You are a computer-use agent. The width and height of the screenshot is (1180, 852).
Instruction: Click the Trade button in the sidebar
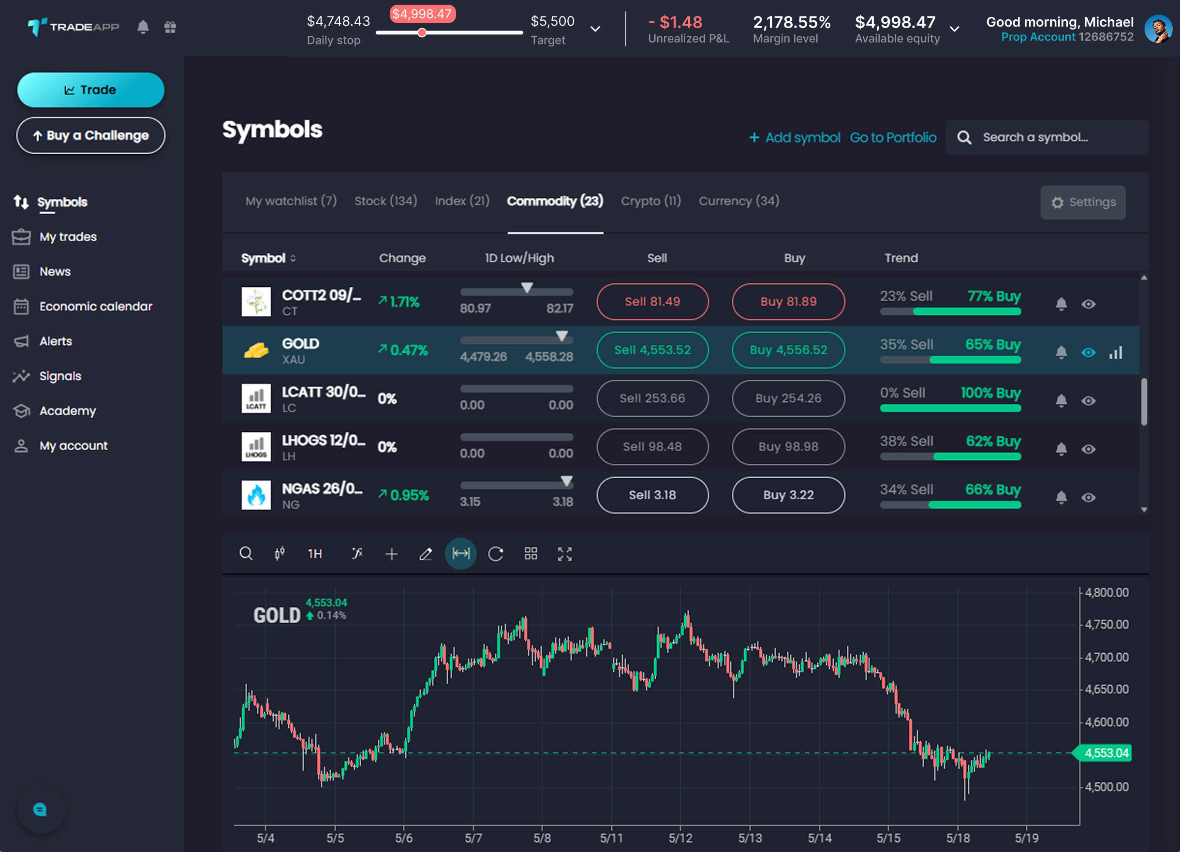(x=90, y=90)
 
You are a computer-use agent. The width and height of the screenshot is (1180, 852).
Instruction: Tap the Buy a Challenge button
(x=90, y=135)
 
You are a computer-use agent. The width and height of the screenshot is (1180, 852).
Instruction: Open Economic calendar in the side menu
(x=96, y=307)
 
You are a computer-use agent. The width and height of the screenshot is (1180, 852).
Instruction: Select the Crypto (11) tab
(x=651, y=201)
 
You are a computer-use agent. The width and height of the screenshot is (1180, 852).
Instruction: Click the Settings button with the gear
(x=1083, y=202)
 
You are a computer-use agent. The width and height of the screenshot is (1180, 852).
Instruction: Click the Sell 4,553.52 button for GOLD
(x=652, y=350)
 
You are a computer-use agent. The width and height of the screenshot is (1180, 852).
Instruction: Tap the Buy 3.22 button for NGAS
(x=788, y=495)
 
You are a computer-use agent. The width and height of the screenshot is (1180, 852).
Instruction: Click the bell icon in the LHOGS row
(x=1062, y=449)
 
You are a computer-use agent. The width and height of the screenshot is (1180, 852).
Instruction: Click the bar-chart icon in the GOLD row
(x=1116, y=353)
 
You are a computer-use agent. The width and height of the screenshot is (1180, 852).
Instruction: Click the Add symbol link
(x=795, y=137)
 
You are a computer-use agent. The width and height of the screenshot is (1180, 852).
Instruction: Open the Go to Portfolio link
(x=893, y=137)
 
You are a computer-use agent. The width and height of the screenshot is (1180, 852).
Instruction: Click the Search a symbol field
(x=1047, y=137)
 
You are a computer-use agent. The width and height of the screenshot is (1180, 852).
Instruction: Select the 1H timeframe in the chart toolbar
(x=315, y=554)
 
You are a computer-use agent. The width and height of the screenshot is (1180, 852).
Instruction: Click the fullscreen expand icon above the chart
(x=564, y=554)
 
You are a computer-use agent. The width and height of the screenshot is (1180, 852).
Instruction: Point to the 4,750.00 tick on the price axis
(x=1106, y=625)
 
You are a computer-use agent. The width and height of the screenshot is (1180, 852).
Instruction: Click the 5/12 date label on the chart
(x=680, y=838)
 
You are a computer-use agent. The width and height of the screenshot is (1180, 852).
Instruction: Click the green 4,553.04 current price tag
(x=1103, y=753)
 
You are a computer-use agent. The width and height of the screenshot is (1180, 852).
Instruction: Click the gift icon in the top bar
(x=170, y=27)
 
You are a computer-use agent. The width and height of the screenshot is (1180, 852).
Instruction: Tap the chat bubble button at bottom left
(x=41, y=810)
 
